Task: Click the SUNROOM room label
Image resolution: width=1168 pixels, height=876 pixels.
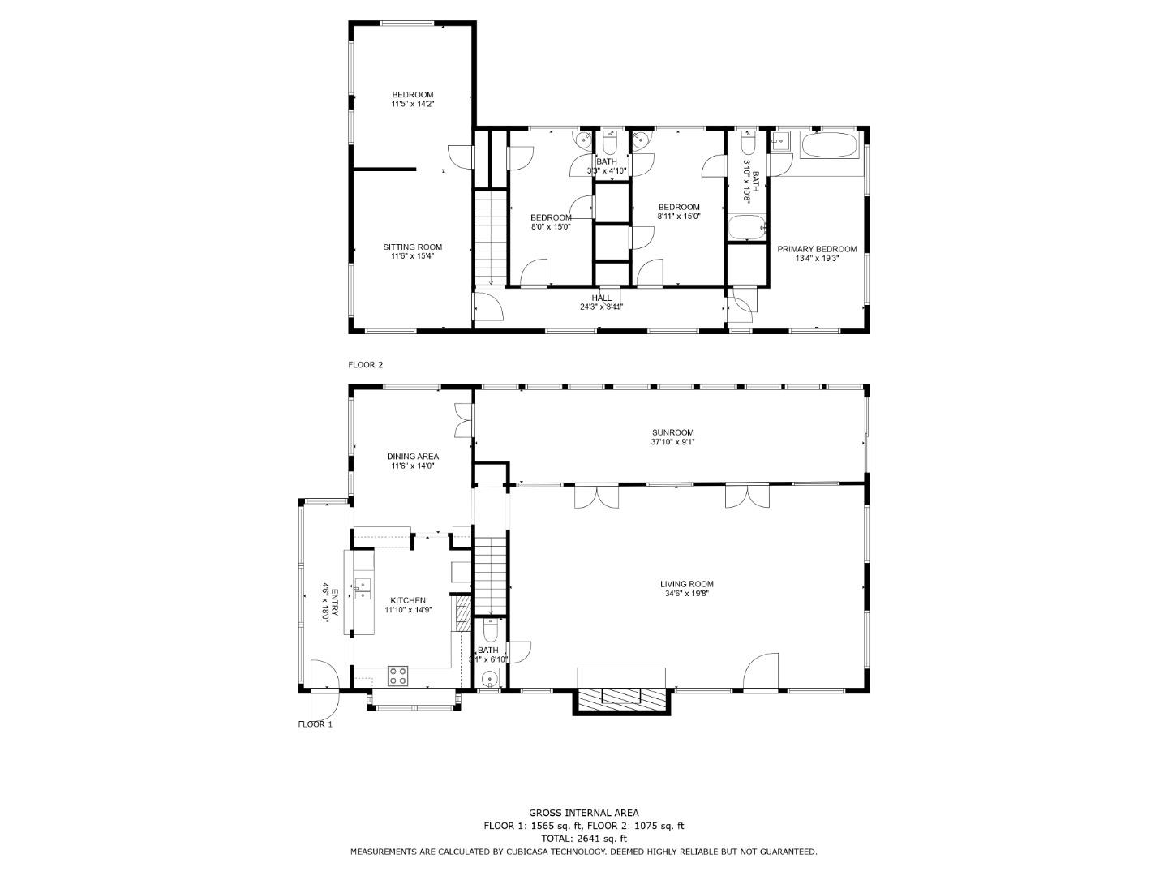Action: [x=672, y=432]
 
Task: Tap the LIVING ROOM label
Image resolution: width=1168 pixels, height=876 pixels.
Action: [x=686, y=584]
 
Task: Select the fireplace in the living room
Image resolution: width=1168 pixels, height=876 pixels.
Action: [x=622, y=696]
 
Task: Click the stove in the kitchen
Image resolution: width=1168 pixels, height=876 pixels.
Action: [x=397, y=676]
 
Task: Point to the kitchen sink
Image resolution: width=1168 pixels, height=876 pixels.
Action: [x=363, y=589]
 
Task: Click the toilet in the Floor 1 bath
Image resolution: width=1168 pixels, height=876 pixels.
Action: [x=490, y=630]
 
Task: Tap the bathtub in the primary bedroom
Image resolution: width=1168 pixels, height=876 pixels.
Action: [x=831, y=147]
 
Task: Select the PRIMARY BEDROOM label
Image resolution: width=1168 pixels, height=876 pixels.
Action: [x=817, y=249]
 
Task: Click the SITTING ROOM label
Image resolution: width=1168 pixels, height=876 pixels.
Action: [x=413, y=247]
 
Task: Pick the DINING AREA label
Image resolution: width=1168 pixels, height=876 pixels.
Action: [x=413, y=457]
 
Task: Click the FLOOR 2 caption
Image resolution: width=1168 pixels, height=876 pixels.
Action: [x=365, y=365]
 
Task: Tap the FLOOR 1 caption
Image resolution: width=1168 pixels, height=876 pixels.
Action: [x=315, y=724]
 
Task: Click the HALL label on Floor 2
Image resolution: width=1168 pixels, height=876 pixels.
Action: [x=602, y=298]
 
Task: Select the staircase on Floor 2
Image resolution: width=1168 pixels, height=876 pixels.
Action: [x=490, y=235]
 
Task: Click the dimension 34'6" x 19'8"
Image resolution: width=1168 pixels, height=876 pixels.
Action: [x=686, y=594]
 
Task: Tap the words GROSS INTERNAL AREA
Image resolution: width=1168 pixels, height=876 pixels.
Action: [x=583, y=813]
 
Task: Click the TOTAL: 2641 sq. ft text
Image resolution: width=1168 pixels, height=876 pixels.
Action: [x=583, y=839]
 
